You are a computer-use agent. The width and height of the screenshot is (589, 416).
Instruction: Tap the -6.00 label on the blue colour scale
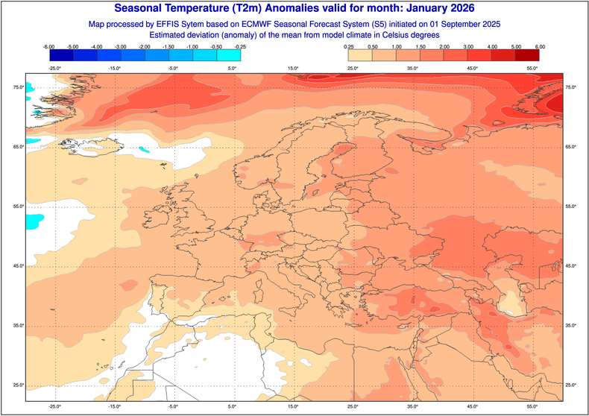50,46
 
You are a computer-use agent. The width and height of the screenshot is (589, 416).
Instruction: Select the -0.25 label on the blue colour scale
241,46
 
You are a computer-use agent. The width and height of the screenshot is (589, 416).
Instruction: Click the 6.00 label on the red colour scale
539,46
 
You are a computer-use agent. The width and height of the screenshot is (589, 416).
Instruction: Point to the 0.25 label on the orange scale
349,46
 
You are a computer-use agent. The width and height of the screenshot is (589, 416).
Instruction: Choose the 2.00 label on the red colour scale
444,46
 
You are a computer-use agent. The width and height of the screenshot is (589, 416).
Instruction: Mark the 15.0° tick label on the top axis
293,69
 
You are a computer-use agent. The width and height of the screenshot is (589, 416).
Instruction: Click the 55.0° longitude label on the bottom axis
532,407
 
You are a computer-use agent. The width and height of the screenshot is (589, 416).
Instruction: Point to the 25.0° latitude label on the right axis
572,385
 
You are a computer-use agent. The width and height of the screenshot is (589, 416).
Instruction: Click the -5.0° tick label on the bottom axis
173,407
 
